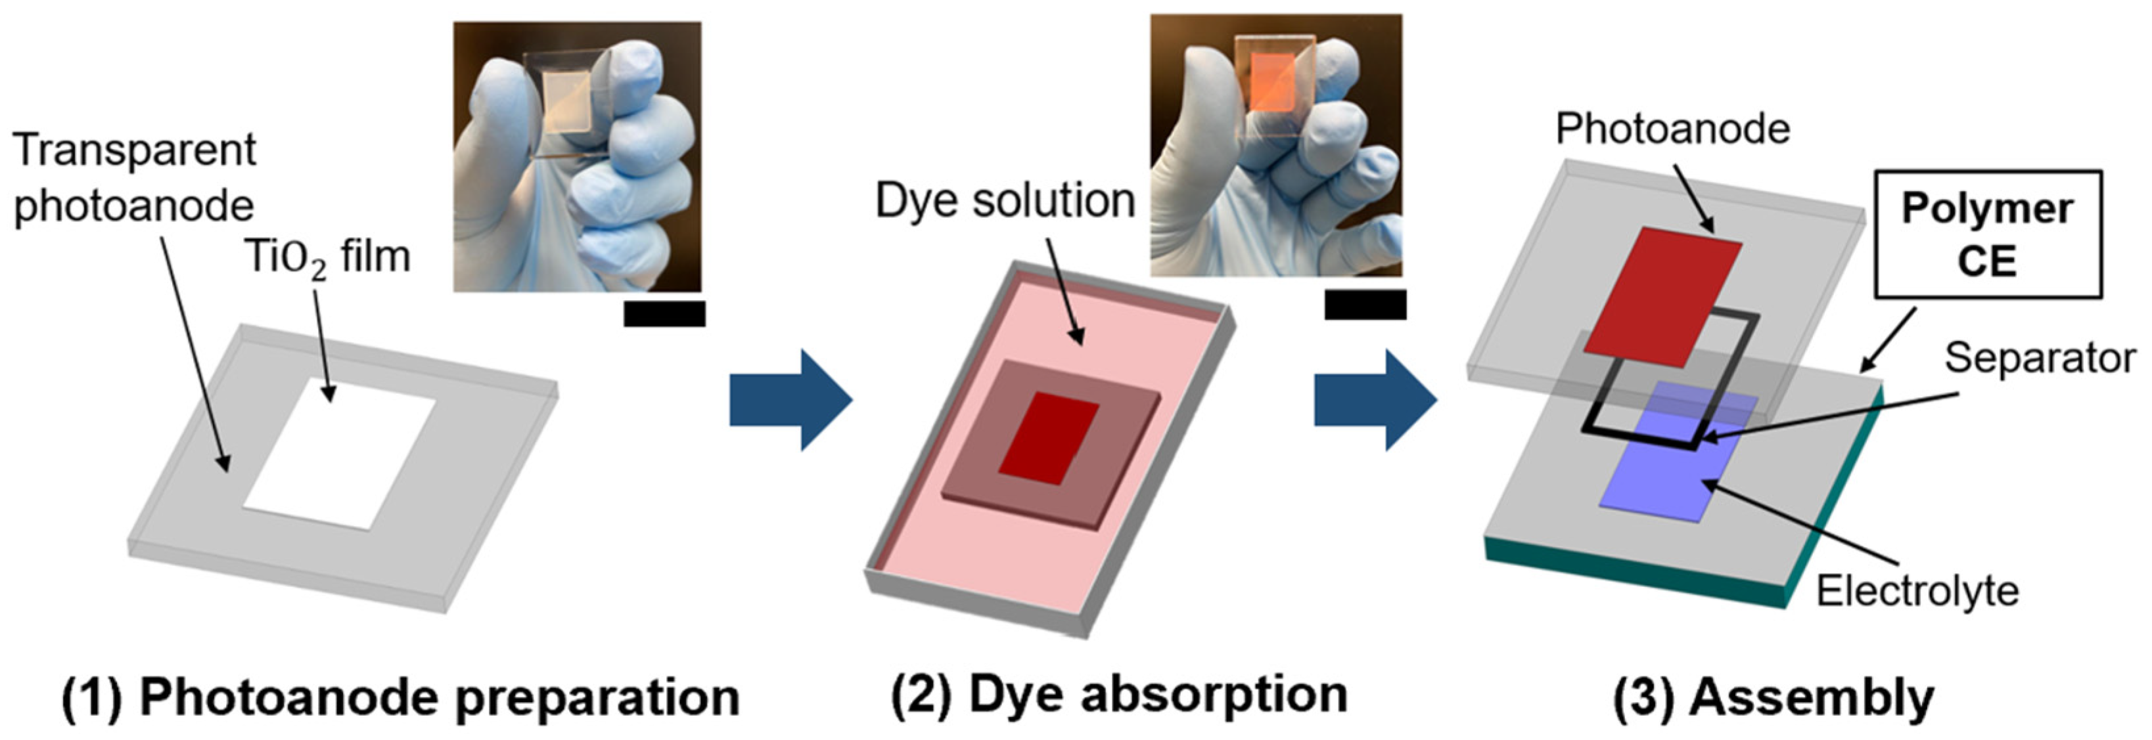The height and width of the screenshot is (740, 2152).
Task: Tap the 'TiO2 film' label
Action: [x=327, y=257]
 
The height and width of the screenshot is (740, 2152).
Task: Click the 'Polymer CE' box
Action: [x=1986, y=234]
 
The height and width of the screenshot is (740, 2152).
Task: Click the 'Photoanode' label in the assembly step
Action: [x=1672, y=129]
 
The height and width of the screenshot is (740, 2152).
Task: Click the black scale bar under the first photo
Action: [x=664, y=314]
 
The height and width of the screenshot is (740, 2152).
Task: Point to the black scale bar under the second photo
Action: [x=1365, y=305]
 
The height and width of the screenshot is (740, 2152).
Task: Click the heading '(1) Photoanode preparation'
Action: [x=401, y=698]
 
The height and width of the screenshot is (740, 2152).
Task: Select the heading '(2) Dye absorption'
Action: [x=1120, y=695]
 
